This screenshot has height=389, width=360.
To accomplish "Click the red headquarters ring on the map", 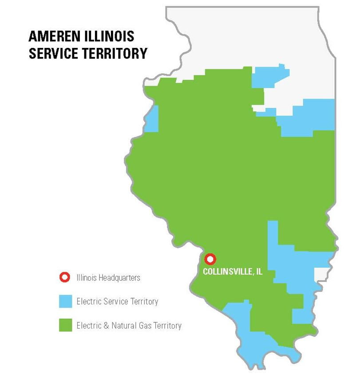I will (x=210, y=259).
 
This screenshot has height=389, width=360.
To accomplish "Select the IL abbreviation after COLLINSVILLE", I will (x=258, y=272).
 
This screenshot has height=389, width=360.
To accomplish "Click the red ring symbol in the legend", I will (x=65, y=278).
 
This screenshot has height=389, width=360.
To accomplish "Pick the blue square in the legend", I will (x=65, y=302).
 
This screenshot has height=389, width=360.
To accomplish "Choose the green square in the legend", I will (x=65, y=325).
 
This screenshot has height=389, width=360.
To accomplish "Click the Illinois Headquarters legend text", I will (x=108, y=278).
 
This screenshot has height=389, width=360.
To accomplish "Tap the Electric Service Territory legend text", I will (x=117, y=302).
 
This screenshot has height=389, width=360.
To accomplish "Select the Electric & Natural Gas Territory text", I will (x=129, y=326).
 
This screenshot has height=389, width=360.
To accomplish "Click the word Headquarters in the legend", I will (x=119, y=278).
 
